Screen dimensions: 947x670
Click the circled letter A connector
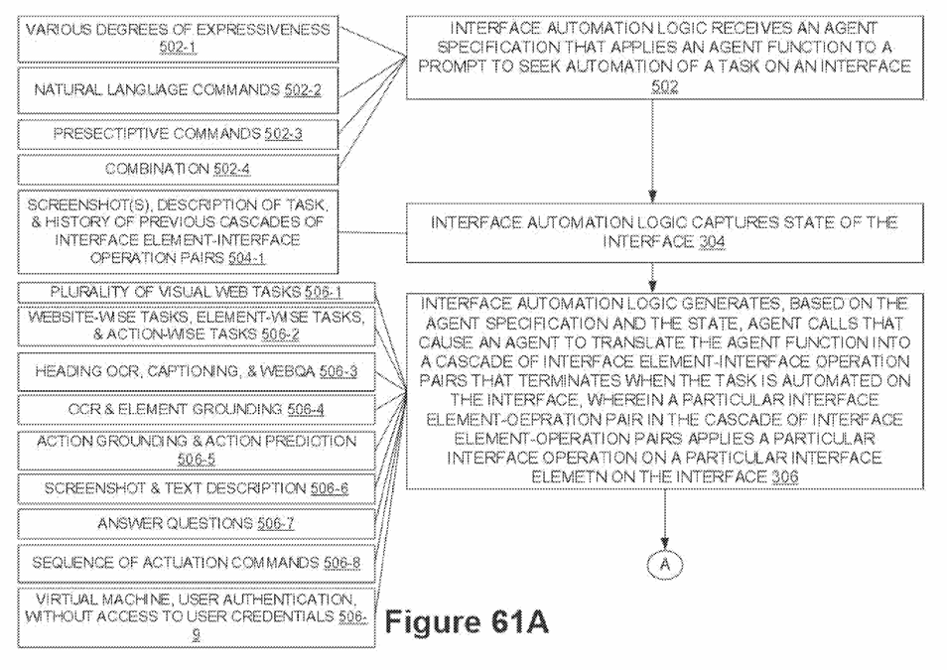click(664, 565)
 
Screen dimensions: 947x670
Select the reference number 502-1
click(178, 48)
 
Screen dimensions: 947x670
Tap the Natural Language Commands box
click(178, 90)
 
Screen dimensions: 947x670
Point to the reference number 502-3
click(283, 134)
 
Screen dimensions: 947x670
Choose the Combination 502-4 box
click(178, 169)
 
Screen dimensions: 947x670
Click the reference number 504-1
click(247, 258)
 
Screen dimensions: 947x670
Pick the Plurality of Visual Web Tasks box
click(197, 293)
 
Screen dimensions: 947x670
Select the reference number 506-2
click(280, 335)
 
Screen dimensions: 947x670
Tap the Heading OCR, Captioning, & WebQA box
click(197, 371)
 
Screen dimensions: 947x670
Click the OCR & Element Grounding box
click(197, 410)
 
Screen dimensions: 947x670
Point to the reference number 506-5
click(197, 460)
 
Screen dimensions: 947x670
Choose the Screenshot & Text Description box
click(197, 488)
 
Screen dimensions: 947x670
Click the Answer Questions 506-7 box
click(197, 524)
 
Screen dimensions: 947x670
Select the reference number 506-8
click(341, 563)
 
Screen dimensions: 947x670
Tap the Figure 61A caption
click(467, 622)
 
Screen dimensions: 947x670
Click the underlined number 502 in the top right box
click(664, 86)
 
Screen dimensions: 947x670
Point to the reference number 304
click(712, 242)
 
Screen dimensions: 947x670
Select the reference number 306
click(784, 477)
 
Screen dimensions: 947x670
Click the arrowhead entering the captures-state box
click(652, 197)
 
